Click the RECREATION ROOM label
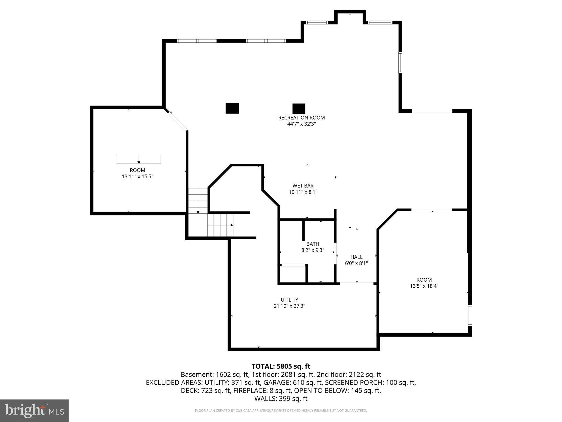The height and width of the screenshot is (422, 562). [x=301, y=118]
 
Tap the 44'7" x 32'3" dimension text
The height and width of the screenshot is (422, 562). [x=301, y=124]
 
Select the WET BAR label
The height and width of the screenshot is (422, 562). [x=303, y=186]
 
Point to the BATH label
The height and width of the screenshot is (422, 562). [x=313, y=244]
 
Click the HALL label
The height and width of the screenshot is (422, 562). [x=356, y=257]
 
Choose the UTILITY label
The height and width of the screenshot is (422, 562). [x=289, y=300]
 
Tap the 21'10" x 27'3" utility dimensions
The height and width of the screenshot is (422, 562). [x=289, y=306]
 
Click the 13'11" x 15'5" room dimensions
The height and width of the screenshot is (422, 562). [x=137, y=177]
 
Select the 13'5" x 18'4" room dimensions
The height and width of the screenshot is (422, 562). [x=424, y=286]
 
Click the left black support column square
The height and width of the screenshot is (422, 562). [x=232, y=108]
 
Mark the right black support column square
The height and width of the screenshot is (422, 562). [x=299, y=109]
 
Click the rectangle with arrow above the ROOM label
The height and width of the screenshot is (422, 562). [x=139, y=159]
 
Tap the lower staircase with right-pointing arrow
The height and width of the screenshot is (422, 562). [x=220, y=225]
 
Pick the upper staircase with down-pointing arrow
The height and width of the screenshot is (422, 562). [x=198, y=201]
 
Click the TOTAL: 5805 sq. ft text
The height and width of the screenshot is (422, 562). [x=281, y=366]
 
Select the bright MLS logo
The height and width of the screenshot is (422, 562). [x=34, y=411]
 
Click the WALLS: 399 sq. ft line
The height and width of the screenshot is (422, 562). [x=281, y=399]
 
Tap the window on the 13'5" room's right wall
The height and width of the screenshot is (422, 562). [x=470, y=315]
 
